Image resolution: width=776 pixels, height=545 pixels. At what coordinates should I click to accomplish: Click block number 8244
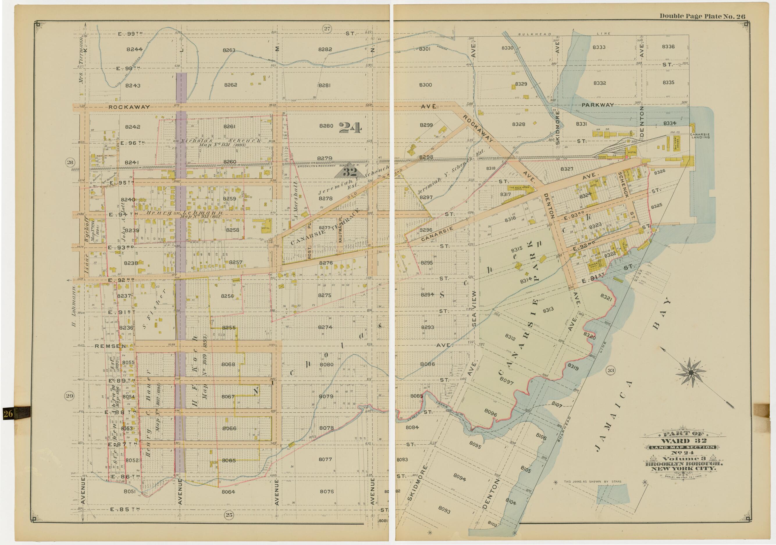pos(134,49)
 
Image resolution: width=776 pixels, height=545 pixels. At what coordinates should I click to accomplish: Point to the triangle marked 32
pos(350,173)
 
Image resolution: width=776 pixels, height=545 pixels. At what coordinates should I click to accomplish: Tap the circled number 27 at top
pos(327,29)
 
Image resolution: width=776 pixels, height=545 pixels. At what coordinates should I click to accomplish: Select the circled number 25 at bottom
pos(229,515)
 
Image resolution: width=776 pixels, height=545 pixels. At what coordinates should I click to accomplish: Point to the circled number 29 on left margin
pos(69,396)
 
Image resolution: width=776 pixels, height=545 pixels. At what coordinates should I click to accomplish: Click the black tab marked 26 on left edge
pos(8,413)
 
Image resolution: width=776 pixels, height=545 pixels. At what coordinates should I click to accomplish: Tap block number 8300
pos(425,85)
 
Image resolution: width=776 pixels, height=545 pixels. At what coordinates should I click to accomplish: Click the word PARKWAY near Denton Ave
pos(597,105)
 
